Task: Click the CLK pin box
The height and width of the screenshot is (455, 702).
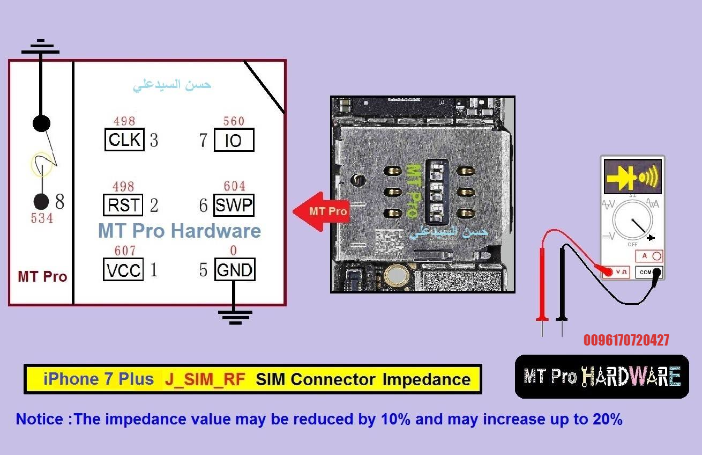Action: tap(124, 140)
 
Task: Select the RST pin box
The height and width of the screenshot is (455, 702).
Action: tap(123, 205)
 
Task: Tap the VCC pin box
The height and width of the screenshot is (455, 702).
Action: tap(123, 269)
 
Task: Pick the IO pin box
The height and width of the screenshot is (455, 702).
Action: tap(234, 140)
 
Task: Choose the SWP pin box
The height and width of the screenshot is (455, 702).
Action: tap(234, 205)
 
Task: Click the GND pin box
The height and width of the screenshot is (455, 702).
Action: tap(235, 269)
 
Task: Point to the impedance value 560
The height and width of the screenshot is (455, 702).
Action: tap(234, 121)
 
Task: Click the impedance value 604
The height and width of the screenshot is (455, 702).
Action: tap(234, 186)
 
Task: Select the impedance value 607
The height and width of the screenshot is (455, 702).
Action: tap(125, 251)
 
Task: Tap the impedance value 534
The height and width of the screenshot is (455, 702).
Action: tap(42, 218)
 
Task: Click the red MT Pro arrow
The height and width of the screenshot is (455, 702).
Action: tap(321, 211)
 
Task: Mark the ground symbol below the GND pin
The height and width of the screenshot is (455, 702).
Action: tap(235, 317)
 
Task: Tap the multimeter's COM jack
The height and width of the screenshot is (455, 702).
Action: tap(657, 273)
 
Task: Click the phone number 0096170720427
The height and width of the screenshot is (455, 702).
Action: tap(626, 340)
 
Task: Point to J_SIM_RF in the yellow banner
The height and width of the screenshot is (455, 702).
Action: tap(205, 379)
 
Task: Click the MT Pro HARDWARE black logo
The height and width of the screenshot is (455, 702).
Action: tap(602, 377)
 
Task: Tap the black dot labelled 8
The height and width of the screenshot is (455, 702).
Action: tap(41, 201)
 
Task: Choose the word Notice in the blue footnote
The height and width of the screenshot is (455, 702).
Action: tap(40, 419)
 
